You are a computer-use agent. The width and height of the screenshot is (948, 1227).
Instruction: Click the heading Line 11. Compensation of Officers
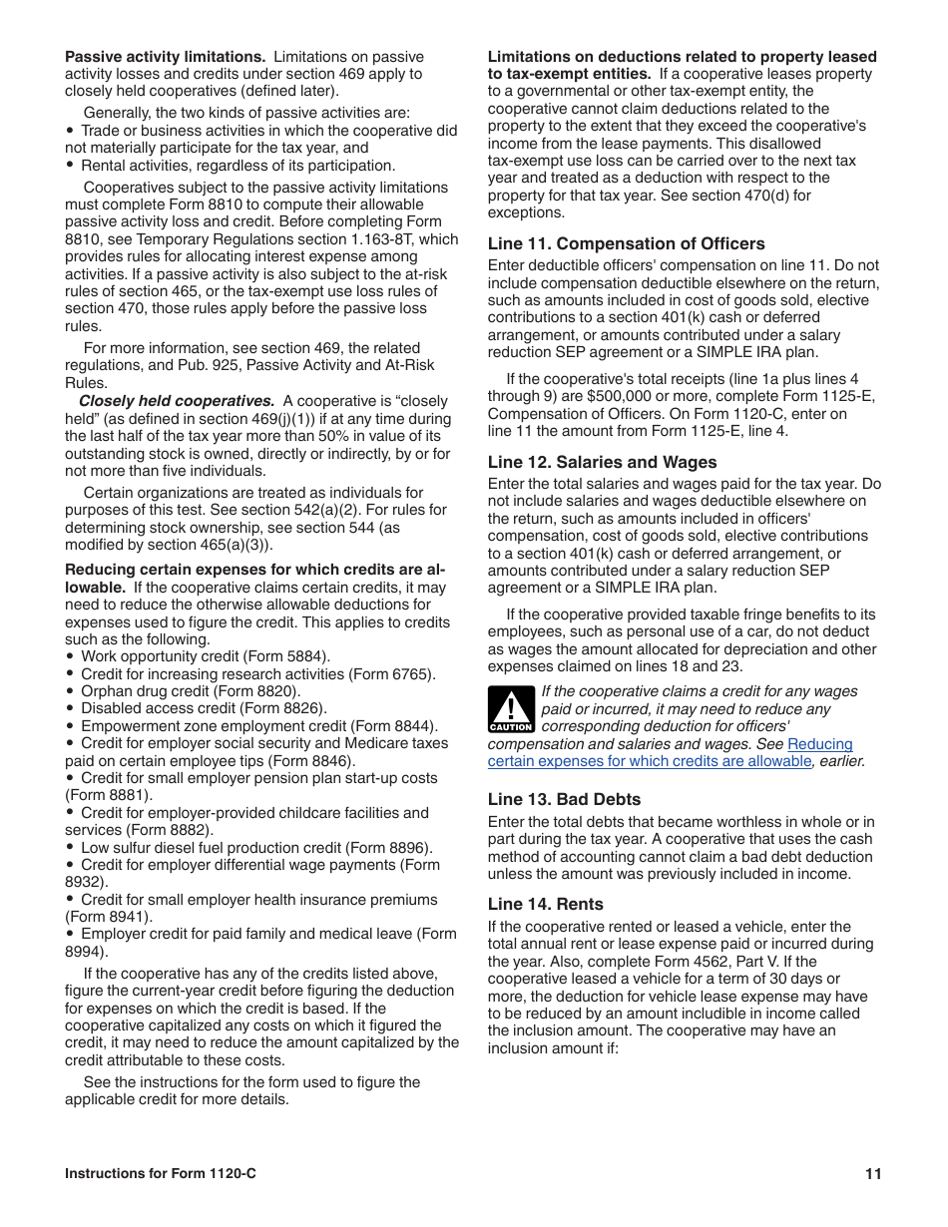pos(626,243)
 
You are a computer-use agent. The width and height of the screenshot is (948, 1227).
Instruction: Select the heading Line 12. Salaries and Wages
pos(602,462)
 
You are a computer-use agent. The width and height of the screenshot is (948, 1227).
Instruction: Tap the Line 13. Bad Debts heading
pos(564,799)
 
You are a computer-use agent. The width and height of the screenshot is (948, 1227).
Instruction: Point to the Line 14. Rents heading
pos(545,904)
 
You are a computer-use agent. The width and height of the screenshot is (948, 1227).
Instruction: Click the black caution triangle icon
pos(511,709)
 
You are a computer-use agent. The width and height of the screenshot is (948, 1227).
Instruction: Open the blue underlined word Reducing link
pos(820,744)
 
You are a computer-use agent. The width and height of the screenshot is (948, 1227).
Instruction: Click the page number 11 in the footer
pos(873,1174)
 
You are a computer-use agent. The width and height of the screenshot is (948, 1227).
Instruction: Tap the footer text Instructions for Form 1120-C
pos(160,1174)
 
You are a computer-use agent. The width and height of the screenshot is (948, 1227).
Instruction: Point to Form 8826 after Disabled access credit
pos(280,709)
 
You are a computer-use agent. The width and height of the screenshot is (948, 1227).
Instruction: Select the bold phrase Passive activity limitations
pos(165,57)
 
